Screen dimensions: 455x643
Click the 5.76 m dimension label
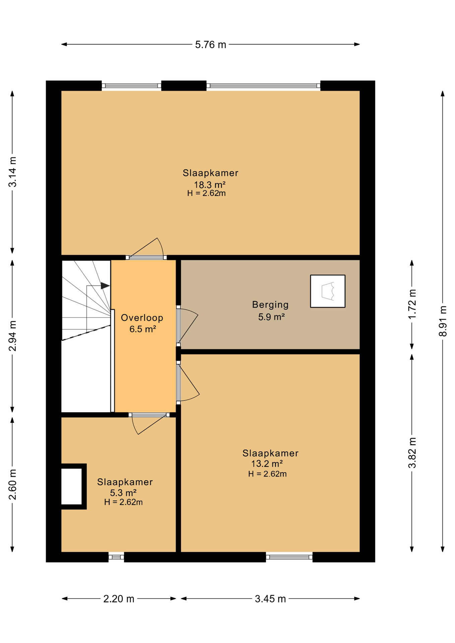tap(210, 45)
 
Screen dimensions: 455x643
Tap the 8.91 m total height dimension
tap(443, 321)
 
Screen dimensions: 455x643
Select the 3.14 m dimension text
tap(12, 171)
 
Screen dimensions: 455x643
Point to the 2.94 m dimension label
tap(12, 336)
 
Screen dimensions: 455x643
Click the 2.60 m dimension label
tap(12, 484)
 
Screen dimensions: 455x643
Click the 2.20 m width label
tap(119, 599)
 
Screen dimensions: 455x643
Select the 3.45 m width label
tap(270, 599)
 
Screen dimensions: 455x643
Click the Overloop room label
tap(142, 318)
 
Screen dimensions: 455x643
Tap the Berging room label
tap(270, 305)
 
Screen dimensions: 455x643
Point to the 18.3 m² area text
tap(210, 185)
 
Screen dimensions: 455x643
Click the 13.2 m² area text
tap(267, 463)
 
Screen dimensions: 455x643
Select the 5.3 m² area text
tap(123, 493)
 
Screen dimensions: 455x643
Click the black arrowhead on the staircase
tap(105, 286)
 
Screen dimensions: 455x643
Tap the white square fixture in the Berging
tap(328, 291)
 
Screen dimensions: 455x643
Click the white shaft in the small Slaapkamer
tap(72, 486)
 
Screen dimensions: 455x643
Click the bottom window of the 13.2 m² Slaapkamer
tap(289, 557)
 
